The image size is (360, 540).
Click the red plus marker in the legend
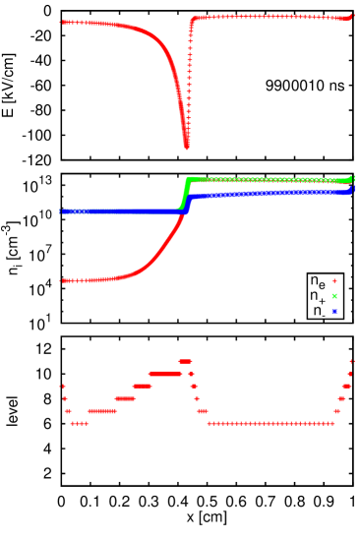(334, 280)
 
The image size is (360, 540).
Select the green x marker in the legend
(334, 295)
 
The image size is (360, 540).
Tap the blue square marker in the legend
(334, 311)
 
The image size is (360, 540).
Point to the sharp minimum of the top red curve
(187, 147)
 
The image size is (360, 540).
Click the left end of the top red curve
(63, 22)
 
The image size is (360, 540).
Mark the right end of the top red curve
(352, 16)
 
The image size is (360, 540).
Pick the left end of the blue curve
(63, 211)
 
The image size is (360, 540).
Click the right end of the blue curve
(352, 190)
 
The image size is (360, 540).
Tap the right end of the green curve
(352, 179)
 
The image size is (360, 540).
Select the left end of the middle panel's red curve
(63, 280)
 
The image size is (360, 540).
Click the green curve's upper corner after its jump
(189, 178)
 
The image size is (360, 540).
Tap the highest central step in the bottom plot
(184, 361)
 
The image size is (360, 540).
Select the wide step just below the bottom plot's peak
(165, 374)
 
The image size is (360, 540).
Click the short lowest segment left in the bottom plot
(80, 424)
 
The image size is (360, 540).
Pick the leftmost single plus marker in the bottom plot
(63, 386)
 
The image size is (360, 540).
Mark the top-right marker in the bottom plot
(352, 361)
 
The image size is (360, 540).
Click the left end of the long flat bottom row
(209, 424)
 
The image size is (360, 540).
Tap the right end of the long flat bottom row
(332, 424)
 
